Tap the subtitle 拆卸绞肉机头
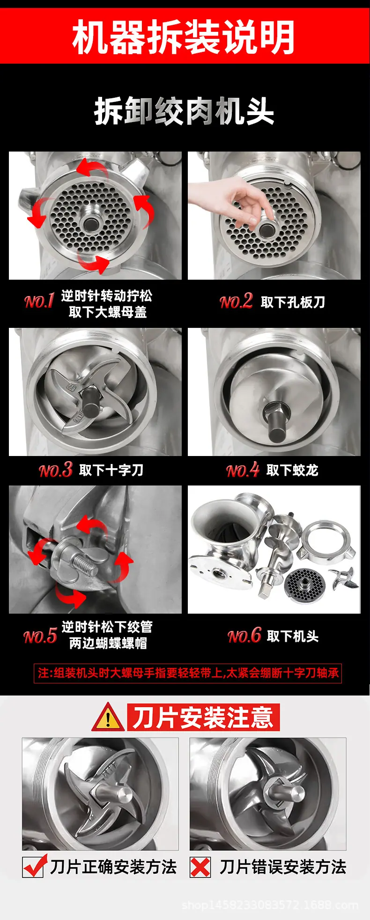pyautogui.click(x=184, y=112)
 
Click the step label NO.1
pyautogui.click(x=39, y=301)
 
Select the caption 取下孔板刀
pyautogui.click(x=293, y=302)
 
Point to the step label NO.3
pyautogui.click(x=55, y=470)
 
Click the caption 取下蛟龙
pyautogui.click(x=292, y=470)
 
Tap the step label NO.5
pyautogui.click(x=40, y=636)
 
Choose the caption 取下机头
pyautogui.click(x=293, y=636)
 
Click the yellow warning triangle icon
pyautogui.click(x=108, y=717)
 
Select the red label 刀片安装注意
pyautogui.click(x=203, y=717)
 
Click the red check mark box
pyautogui.click(x=34, y=867)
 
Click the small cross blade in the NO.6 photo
pyautogui.click(x=344, y=578)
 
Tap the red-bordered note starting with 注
pyautogui.click(x=188, y=673)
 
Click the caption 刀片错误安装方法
pyautogui.click(x=283, y=867)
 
